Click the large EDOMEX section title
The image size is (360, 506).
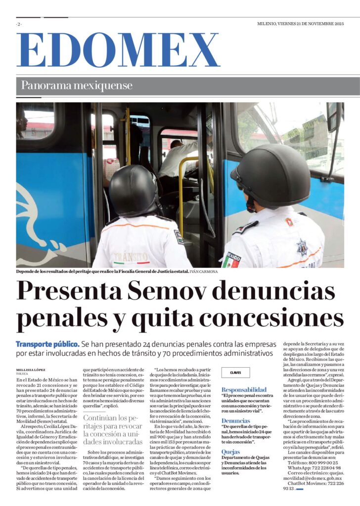[x=118, y=50]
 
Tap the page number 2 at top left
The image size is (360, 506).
[x=19, y=24]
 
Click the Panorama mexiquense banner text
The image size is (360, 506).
[x=77, y=85]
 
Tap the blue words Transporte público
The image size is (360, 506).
[x=47, y=343]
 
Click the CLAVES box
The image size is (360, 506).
[x=235, y=373]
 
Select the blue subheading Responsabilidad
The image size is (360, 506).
[x=244, y=389]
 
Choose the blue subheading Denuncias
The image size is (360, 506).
[x=236, y=421]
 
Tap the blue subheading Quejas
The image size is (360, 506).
[x=231, y=452]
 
